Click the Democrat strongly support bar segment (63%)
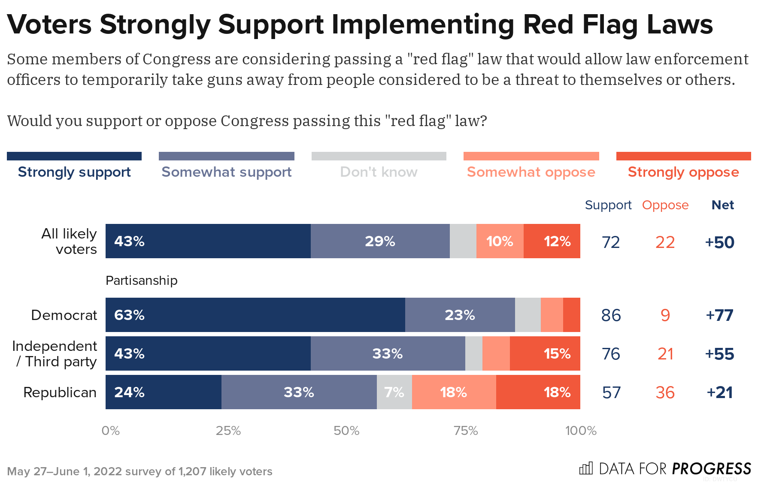(x=255, y=315)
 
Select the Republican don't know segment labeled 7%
(x=394, y=392)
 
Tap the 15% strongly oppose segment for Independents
(x=545, y=353)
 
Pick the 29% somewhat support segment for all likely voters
(x=380, y=241)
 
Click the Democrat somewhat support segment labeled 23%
(x=460, y=315)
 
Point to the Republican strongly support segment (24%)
(x=163, y=392)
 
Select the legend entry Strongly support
(x=74, y=172)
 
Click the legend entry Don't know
(x=379, y=172)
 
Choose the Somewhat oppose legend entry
(x=531, y=172)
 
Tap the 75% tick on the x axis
(x=466, y=430)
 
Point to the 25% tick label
(x=228, y=430)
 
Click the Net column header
(x=722, y=205)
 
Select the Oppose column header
(x=665, y=205)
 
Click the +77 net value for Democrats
(x=719, y=315)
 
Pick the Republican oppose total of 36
(x=665, y=392)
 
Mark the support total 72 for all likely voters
(x=611, y=242)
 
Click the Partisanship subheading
(x=141, y=281)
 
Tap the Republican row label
(x=60, y=392)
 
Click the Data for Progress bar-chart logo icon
(x=586, y=468)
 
